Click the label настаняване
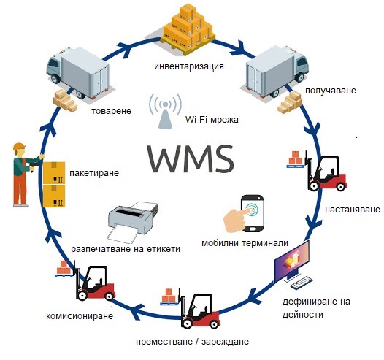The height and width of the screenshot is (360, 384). tap(352, 209)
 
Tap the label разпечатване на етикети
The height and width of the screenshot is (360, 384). tap(126, 248)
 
